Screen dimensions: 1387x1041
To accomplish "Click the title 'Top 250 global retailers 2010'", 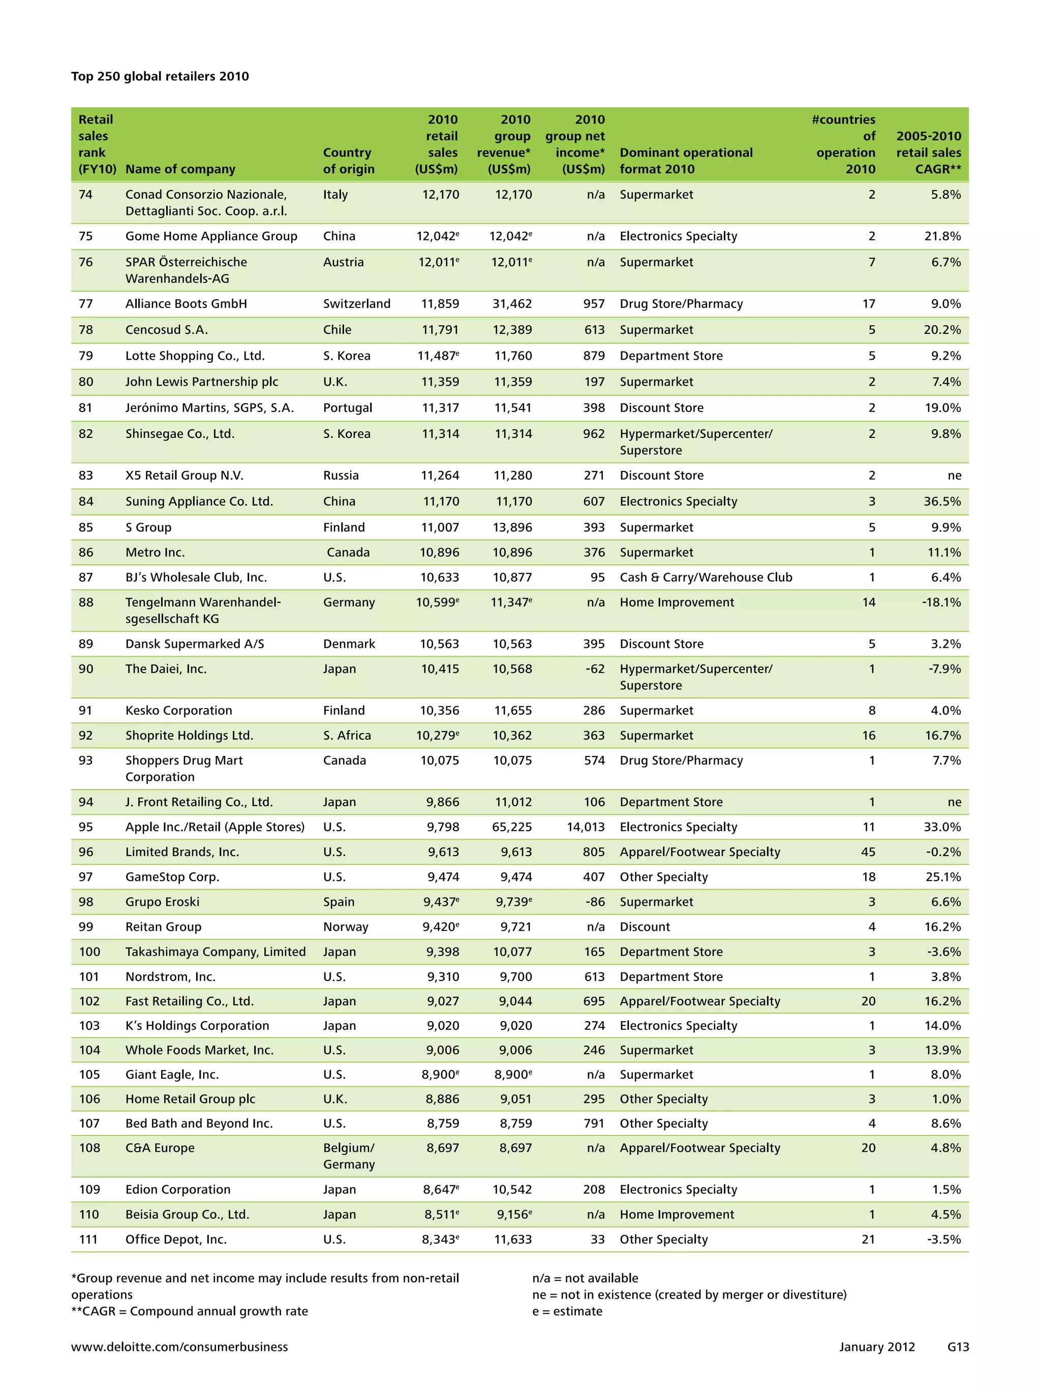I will pos(160,77).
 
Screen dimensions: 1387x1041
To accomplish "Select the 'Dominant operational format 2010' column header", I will pos(686,161).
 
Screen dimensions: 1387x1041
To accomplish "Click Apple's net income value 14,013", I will pos(585,827).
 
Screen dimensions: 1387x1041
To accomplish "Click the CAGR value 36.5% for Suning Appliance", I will pos(942,501).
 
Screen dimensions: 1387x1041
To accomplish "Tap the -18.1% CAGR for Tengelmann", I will pos(941,602).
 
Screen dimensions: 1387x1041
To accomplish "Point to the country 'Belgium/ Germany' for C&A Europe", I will pos(349,1156).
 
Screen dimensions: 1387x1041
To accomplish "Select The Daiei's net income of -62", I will pos(594,669).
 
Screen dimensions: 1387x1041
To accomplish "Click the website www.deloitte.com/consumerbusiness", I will pos(179,1346).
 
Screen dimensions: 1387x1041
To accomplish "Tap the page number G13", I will pos(958,1346).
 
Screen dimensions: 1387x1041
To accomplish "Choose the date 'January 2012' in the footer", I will pos(877,1346).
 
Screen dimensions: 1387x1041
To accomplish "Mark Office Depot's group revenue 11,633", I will pos(513,1239).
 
